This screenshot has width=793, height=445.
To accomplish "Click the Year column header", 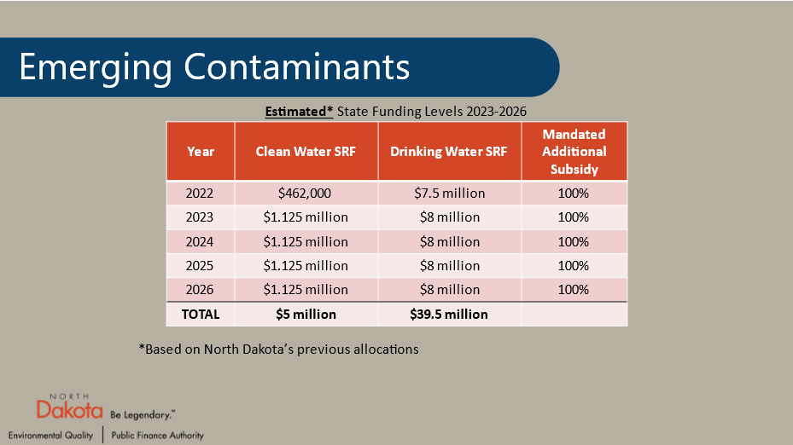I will click(200, 152).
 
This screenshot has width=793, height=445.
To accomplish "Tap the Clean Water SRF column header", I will click(306, 152).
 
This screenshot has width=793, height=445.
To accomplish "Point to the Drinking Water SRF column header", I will click(449, 152).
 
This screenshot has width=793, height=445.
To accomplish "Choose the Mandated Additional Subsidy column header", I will click(574, 152).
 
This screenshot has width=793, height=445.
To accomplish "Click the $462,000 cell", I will click(306, 194).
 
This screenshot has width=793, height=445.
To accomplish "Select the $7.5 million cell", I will click(449, 194).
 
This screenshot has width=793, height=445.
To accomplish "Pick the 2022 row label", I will click(200, 194).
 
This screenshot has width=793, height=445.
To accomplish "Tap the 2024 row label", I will click(200, 241).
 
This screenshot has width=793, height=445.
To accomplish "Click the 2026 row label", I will click(200, 289).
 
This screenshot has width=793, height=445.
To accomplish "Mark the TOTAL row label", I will click(200, 314).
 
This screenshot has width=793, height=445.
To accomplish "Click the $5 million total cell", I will click(306, 314).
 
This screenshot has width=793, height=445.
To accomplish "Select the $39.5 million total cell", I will click(449, 314).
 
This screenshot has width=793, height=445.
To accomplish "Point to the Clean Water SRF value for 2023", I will click(306, 217).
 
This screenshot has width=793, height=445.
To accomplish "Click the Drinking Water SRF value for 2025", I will click(449, 265).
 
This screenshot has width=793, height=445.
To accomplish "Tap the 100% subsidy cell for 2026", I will click(574, 289).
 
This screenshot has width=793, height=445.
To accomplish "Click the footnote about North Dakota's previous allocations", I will click(278, 350).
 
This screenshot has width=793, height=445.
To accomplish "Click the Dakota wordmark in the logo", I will click(70, 412).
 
